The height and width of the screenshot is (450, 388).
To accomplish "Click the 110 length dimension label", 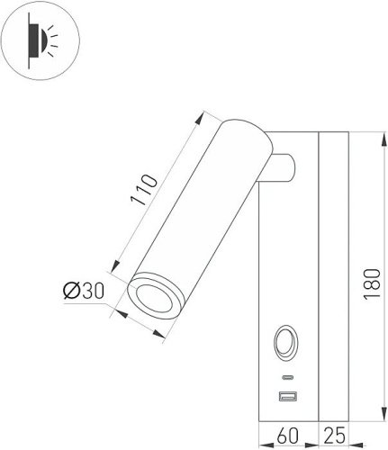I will coord(143,192).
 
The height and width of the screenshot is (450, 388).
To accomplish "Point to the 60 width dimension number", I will coord(287,436).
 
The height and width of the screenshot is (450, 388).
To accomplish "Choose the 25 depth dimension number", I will coord(334,436).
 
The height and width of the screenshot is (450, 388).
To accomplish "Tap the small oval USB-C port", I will coord(287,375).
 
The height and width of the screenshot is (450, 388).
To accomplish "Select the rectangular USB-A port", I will coord(287,396).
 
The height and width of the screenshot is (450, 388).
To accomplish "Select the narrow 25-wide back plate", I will coord(334,279).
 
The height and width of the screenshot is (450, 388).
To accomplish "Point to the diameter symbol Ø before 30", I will coord(72,290).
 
